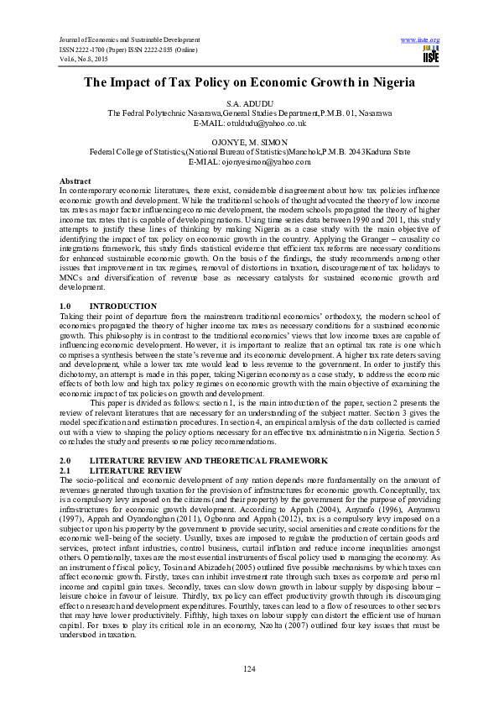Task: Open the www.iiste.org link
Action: pyautogui.click(x=421, y=39)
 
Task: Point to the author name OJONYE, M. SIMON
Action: pyautogui.click(x=250, y=142)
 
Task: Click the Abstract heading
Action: pyautogui.click(x=75, y=181)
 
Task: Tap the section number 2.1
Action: pyautogui.click(x=67, y=471)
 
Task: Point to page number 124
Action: pyautogui.click(x=249, y=668)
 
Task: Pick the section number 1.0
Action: pyautogui.click(x=67, y=306)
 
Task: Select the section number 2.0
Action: pyautogui.click(x=67, y=462)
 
